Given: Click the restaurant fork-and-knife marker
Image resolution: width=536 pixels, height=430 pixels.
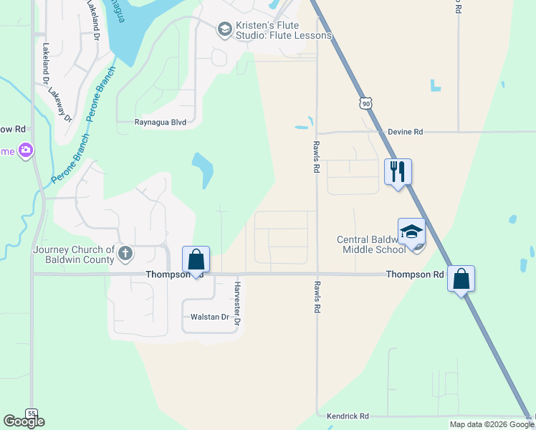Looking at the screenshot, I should (398, 172).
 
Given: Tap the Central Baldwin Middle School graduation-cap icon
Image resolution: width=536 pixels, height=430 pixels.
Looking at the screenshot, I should (411, 232).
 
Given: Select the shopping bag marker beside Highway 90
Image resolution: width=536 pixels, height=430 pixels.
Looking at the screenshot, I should (461, 279).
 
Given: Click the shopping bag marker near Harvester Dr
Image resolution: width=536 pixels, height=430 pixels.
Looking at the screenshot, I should (196, 260).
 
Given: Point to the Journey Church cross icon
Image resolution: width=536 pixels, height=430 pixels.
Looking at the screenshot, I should (125, 253).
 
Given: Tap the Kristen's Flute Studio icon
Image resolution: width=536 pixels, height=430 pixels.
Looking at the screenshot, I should (224, 29).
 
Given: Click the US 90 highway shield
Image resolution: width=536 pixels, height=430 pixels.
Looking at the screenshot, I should (366, 104).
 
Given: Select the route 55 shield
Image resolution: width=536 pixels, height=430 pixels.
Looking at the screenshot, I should (31, 413).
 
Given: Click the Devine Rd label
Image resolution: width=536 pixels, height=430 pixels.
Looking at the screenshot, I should (406, 132).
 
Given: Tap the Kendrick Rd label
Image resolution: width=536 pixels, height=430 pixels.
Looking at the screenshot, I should (348, 416).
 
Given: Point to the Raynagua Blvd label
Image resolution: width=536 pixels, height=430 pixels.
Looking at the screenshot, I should (161, 123).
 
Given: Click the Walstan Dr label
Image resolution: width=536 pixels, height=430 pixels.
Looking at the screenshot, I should (209, 317).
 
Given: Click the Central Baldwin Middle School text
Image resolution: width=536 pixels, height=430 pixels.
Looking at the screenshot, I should (371, 244).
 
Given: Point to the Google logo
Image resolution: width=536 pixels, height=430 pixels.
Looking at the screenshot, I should (24, 421).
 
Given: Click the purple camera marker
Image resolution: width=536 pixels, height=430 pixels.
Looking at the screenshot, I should (26, 150).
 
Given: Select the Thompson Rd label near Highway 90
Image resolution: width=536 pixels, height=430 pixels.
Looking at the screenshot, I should (415, 274).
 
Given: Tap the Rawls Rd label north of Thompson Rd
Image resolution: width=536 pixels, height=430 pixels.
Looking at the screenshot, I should (315, 157).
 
